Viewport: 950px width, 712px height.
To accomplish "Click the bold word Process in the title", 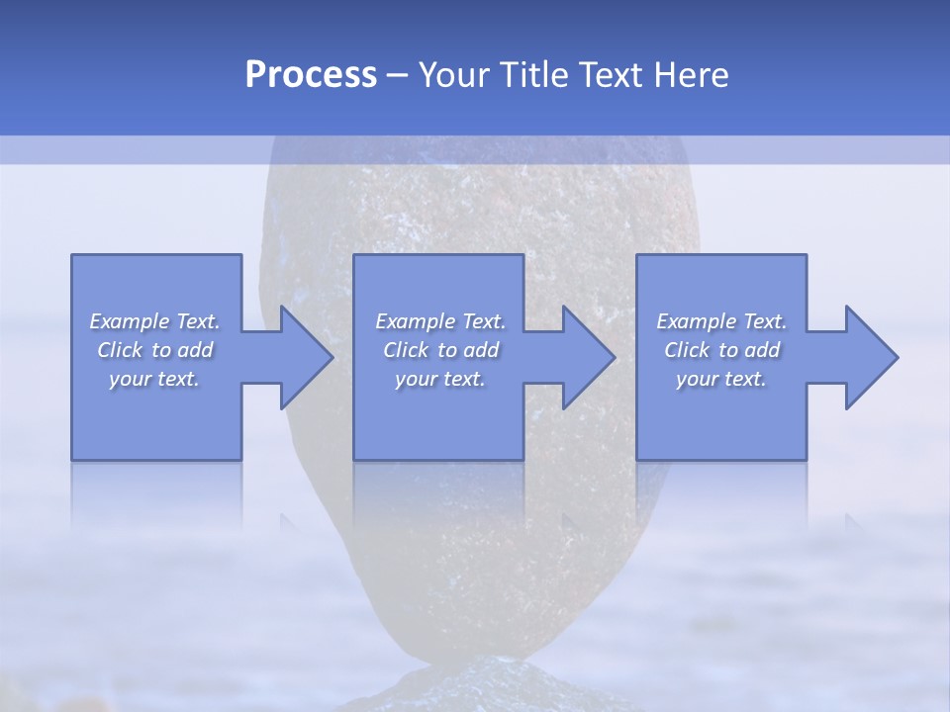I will pos(311,75).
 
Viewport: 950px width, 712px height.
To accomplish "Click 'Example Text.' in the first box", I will pos(154,321).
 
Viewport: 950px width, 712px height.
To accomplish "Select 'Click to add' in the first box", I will pos(154,350).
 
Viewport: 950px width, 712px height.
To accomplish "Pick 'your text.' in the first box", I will pos(154,379).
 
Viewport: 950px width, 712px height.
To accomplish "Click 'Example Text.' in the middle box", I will pos(439,321).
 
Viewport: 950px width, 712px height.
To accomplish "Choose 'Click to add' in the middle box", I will pos(439,350).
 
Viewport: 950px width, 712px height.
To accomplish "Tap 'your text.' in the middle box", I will pos(439,379).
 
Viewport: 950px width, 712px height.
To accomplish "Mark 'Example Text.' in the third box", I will pos(720,321).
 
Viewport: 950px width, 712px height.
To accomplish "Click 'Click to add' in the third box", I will pos(720,350).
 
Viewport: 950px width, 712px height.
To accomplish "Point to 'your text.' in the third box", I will pos(720,379).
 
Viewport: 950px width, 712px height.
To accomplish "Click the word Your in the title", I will pos(456,75).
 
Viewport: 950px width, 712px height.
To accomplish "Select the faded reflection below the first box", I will pos(156,494).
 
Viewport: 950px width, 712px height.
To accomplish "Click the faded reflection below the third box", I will pos(720,494).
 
